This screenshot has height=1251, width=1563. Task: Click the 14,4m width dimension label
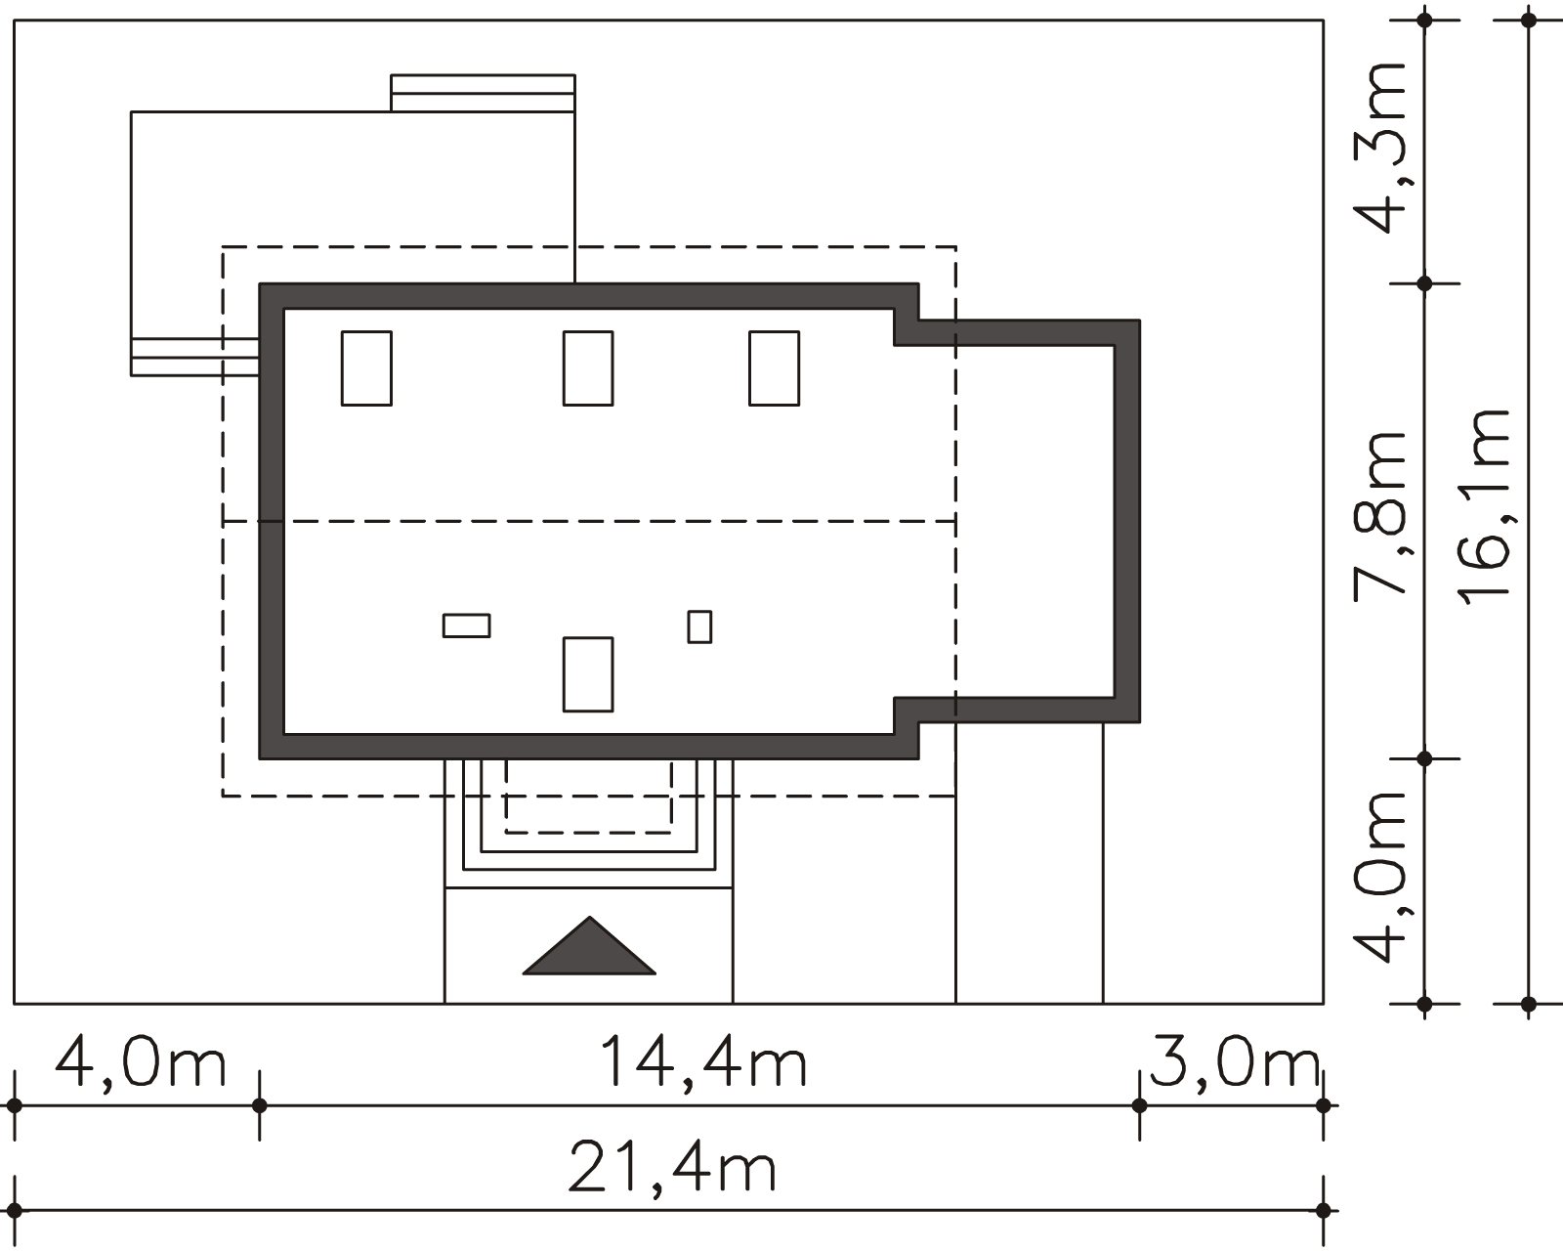703,1062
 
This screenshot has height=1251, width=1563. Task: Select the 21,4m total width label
672,1167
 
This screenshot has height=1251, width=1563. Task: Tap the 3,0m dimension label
1235,1063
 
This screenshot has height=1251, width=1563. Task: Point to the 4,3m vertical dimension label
1378,149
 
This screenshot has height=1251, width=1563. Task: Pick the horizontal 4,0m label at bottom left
141,1063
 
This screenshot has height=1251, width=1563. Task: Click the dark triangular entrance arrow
589,946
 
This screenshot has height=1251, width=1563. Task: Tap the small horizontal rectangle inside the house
466,625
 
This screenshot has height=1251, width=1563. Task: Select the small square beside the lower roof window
699,626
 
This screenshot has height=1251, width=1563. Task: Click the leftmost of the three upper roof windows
366,368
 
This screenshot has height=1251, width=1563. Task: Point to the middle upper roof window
588,368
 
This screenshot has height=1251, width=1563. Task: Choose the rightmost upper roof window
775,368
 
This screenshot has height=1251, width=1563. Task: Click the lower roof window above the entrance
588,674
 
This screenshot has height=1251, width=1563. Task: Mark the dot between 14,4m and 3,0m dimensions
1140,1105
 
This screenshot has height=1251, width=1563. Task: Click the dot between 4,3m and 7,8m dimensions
1424,283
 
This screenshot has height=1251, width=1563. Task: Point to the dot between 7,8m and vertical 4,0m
1424,758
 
